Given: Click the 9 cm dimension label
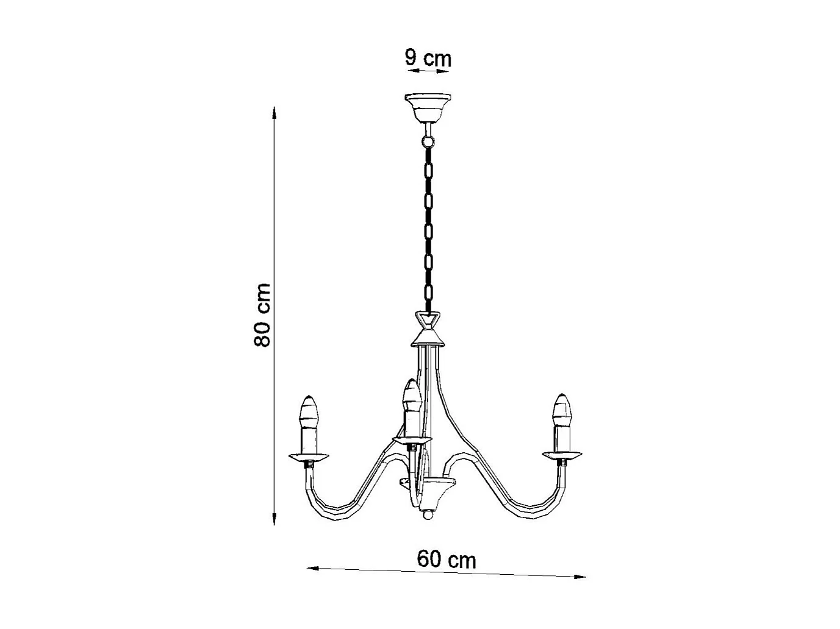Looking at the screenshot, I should point(428,59).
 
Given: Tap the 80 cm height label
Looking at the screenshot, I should point(262,314).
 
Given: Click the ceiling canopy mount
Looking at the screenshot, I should point(429,107).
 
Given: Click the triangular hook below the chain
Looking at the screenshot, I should point(428,319).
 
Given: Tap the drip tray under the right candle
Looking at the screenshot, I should point(562,454).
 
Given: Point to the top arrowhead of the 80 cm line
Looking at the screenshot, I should point(275,113).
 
